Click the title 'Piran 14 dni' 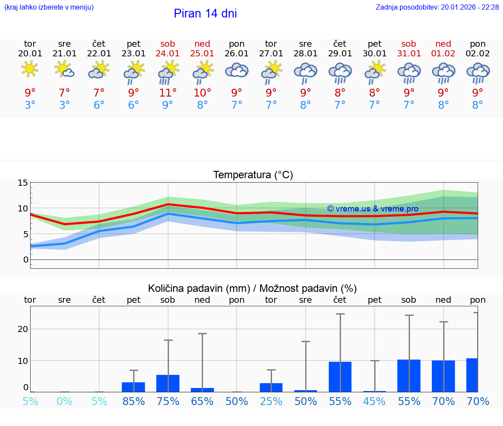click(x=205, y=14)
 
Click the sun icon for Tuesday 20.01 click(x=30, y=69)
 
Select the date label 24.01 click(x=168, y=53)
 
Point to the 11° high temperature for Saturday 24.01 click(x=168, y=93)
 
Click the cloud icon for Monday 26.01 click(x=237, y=70)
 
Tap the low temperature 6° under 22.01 click(x=99, y=105)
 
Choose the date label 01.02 click(x=443, y=53)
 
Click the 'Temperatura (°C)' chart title click(x=253, y=175)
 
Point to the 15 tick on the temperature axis click(x=23, y=183)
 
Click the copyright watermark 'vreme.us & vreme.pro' click(x=372, y=209)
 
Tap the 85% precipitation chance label click(x=134, y=401)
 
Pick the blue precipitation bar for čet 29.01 click(x=340, y=377)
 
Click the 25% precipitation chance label click(x=271, y=401)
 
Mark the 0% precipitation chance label click(x=65, y=401)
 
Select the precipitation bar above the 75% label click(x=168, y=383)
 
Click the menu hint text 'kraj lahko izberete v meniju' click(x=49, y=7)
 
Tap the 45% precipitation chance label click(x=375, y=401)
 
